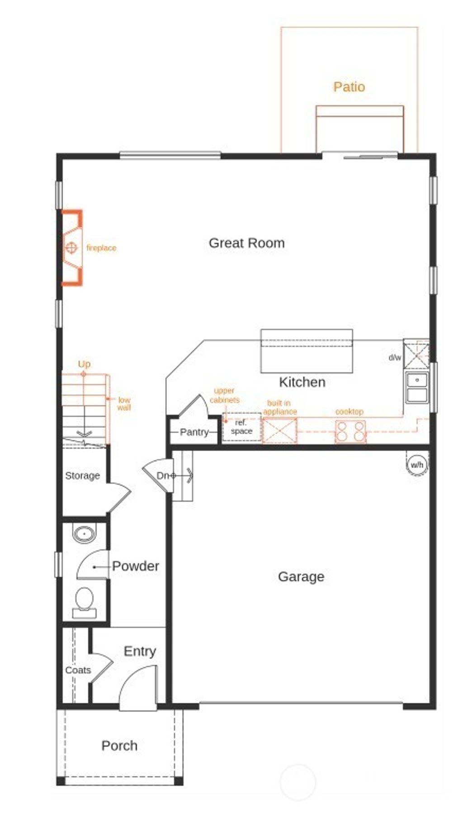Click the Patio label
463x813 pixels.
click(349, 86)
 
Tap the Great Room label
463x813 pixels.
click(246, 243)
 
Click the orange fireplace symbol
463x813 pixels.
click(71, 247)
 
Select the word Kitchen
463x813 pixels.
click(302, 382)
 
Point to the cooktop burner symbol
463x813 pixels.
click(350, 431)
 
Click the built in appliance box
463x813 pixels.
click(280, 430)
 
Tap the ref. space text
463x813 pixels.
click(241, 427)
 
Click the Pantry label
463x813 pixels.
click(194, 432)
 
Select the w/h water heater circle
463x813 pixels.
click(416, 465)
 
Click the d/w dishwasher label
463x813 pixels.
click(395, 357)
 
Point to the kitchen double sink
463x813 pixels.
click(416, 388)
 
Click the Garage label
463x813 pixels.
click(301, 576)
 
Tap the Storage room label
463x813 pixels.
click(82, 475)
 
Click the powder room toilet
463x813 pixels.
click(84, 602)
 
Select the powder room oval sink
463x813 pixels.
click(85, 533)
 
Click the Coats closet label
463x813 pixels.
click(78, 670)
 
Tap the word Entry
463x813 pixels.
click(140, 651)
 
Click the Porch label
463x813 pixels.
click(119, 746)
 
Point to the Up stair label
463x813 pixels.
click(84, 364)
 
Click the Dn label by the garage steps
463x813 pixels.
click(162, 475)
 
